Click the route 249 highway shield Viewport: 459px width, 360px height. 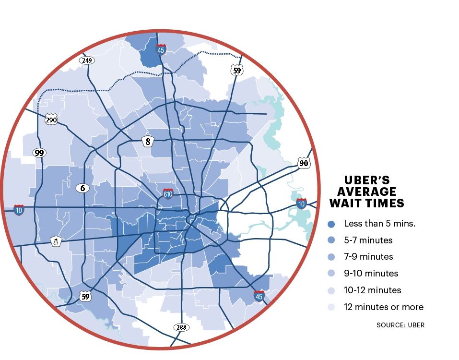pos(87,60)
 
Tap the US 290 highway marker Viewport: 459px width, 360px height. pos(51,120)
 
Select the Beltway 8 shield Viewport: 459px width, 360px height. pos(148,141)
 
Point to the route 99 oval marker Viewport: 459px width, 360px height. pos(39,153)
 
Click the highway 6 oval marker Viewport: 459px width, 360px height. pos(82,188)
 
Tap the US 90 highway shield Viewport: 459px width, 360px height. pos(303,163)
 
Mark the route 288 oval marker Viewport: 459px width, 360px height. pos(181,327)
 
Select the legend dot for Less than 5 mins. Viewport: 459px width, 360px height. pos(331,224)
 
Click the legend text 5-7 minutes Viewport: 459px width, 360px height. pos(368,240)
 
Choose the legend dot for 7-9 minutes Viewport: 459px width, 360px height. pos(331,257)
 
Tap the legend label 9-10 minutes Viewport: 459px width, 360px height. pos(371,274)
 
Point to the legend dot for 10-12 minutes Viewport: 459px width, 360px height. pos(331,290)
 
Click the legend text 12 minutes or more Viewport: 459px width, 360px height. pos(384,307)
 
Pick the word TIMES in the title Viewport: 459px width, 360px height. pos(385,204)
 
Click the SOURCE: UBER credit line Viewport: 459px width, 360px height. pos(400,325)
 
